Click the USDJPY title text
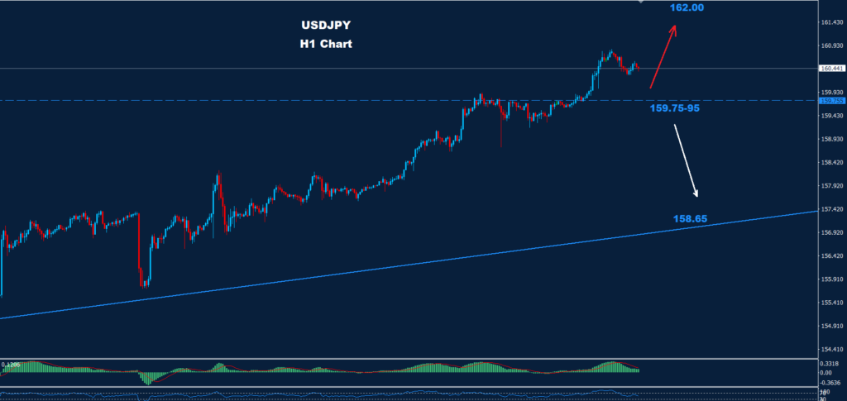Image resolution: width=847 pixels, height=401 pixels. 326,26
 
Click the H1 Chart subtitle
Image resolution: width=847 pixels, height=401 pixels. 326,44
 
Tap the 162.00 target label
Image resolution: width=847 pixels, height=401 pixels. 687,7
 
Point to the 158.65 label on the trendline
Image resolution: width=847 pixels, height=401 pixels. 690,220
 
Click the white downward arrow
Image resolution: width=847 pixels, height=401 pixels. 686,161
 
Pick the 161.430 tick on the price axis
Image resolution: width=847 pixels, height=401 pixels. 830,22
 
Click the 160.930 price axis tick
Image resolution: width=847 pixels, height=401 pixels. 830,45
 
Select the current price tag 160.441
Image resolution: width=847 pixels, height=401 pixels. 830,69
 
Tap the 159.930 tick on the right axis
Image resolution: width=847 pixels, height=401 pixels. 830,93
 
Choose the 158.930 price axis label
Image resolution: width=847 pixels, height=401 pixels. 830,140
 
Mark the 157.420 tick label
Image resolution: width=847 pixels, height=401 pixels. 830,210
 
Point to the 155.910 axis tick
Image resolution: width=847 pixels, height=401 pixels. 830,279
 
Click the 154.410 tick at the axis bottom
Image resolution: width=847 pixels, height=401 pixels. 830,350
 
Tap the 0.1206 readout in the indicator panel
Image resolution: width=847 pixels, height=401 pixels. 11,364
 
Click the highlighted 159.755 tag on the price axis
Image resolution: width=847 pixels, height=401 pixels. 830,101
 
